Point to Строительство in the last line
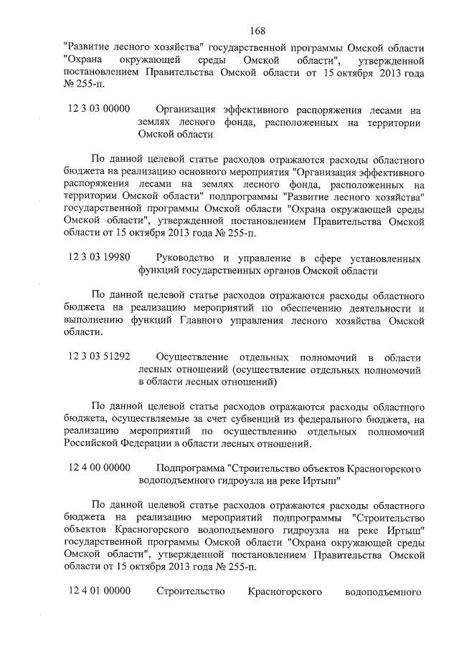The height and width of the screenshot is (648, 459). (190, 591)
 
